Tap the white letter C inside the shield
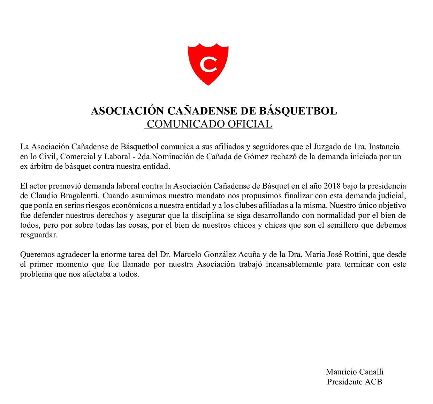coord(208,64)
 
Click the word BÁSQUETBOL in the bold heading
coord(298,111)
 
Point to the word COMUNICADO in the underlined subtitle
coord(186,124)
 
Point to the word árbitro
coord(41,166)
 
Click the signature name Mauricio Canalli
coord(355,372)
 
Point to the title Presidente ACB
coord(355,382)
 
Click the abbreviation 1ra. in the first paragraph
coord(357,147)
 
